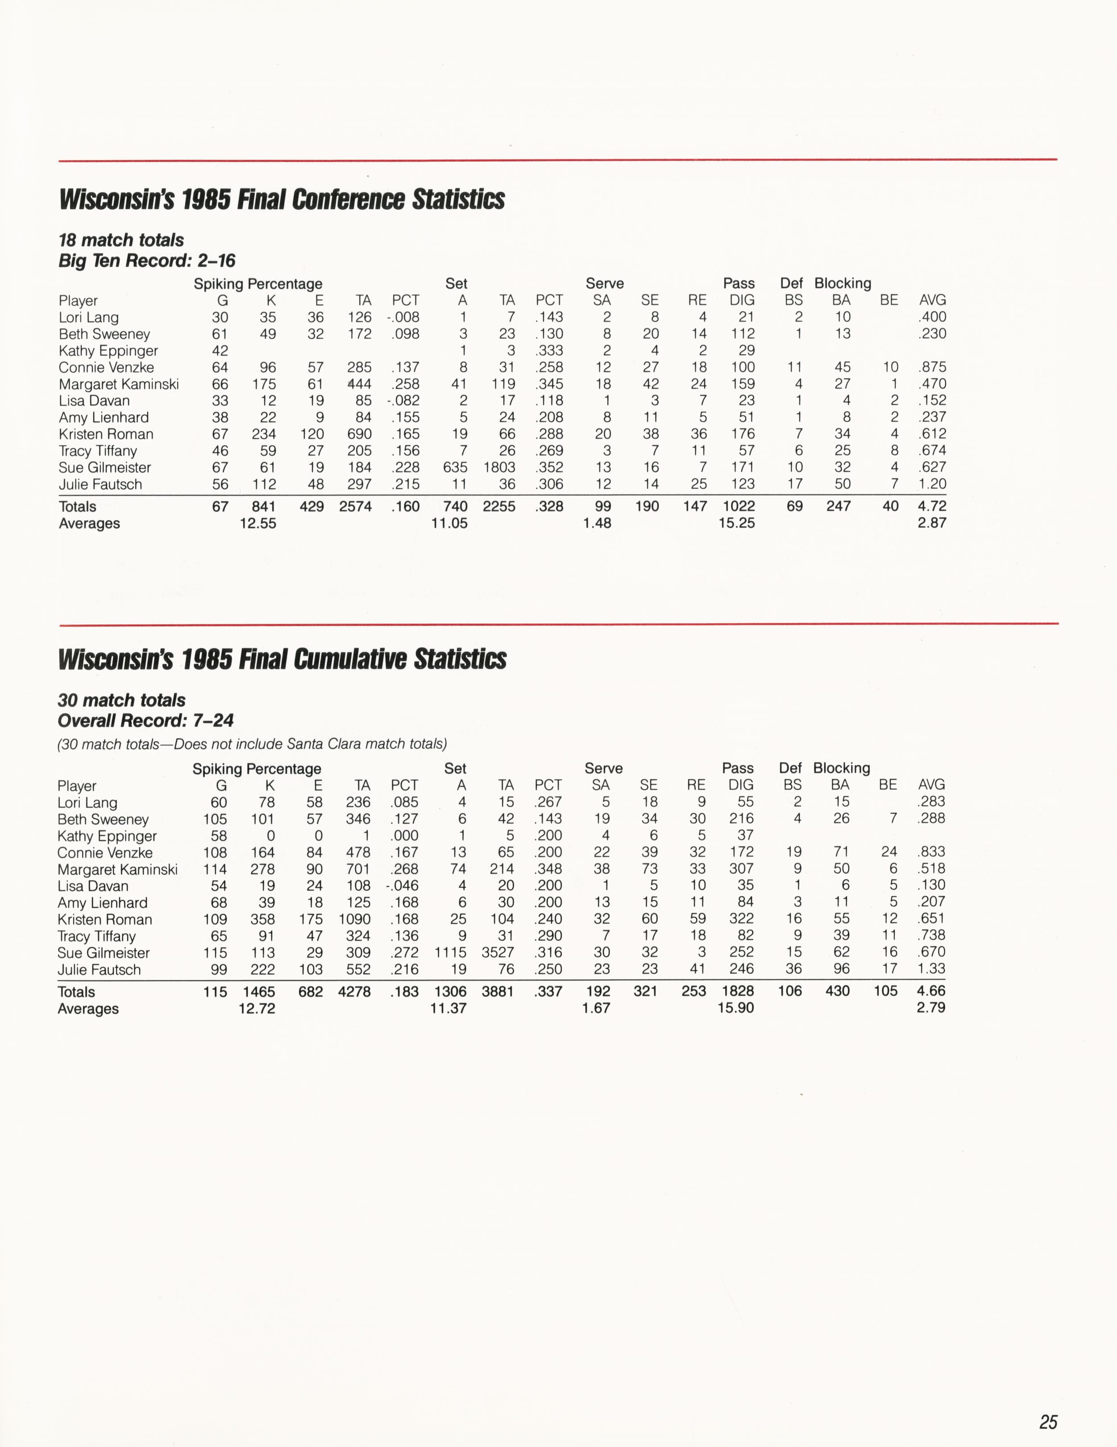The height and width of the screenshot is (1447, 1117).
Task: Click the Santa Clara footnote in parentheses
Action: (252, 744)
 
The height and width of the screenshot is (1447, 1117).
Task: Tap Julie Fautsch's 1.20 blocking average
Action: (932, 484)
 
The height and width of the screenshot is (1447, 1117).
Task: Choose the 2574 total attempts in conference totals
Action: (355, 507)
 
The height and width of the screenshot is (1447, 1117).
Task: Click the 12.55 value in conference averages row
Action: (258, 523)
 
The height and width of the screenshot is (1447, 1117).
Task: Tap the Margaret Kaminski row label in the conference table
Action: (119, 384)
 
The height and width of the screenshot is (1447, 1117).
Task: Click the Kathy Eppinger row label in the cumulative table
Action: (108, 836)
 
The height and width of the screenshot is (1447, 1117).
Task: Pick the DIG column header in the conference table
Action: (742, 300)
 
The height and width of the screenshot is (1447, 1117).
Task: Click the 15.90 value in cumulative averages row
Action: (736, 1009)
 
